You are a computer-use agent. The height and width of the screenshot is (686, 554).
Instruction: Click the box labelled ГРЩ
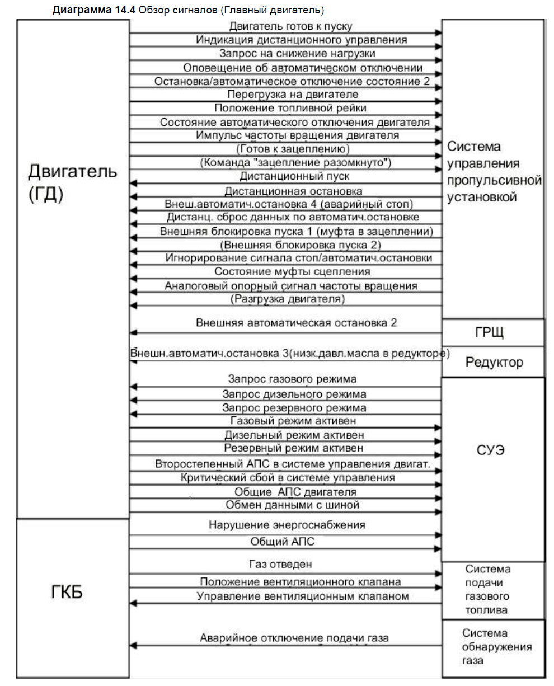pos(492,333)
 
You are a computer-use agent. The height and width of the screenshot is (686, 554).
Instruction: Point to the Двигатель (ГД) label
pos(73,183)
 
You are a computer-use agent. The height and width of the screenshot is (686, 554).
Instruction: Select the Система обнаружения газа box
pos(493,647)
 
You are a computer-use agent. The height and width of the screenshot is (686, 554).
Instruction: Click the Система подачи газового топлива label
pos(487,589)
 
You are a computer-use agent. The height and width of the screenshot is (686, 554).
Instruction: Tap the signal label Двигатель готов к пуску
pos(290,26)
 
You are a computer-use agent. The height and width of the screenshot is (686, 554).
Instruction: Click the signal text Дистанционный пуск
pos(294,176)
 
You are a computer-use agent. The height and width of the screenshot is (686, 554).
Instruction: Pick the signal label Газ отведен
pos(280,563)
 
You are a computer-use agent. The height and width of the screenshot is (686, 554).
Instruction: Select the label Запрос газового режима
pos(292,379)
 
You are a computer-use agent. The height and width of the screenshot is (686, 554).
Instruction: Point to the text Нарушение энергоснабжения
pos(287,525)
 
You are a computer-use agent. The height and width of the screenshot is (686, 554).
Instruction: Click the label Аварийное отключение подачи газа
pos(294,638)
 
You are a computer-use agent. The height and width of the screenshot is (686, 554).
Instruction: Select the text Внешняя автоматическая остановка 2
pos(297,323)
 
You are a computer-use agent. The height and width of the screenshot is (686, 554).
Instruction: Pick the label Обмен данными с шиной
pos(292,505)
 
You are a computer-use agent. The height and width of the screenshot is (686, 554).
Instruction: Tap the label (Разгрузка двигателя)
pos(287,299)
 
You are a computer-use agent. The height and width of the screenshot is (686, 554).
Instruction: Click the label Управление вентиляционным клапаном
pos(303,596)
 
